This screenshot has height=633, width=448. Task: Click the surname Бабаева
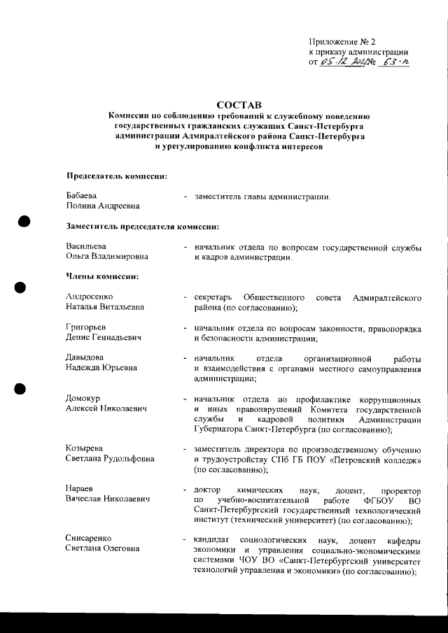[x=82, y=195]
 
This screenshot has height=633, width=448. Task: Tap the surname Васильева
[x=86, y=247]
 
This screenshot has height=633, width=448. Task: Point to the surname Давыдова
[x=85, y=357]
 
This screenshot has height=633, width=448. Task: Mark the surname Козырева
[x=85, y=448]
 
